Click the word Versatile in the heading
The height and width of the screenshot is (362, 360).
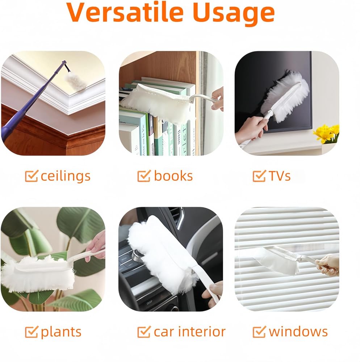[125, 12]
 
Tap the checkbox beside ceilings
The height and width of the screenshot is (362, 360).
[31, 176]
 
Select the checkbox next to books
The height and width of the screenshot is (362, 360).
[144, 176]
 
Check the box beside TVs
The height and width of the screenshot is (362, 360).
[259, 176]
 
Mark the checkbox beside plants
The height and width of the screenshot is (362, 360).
[31, 332]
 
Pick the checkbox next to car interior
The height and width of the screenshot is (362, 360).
[144, 332]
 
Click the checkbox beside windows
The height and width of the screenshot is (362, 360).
[259, 332]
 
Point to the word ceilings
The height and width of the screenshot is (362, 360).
[65, 177]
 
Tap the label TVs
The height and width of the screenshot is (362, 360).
[279, 176]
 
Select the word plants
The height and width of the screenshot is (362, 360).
[61, 333]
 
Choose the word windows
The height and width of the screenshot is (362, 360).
[298, 332]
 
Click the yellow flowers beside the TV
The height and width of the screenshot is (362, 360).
[326, 133]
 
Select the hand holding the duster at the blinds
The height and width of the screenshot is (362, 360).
[328, 265]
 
